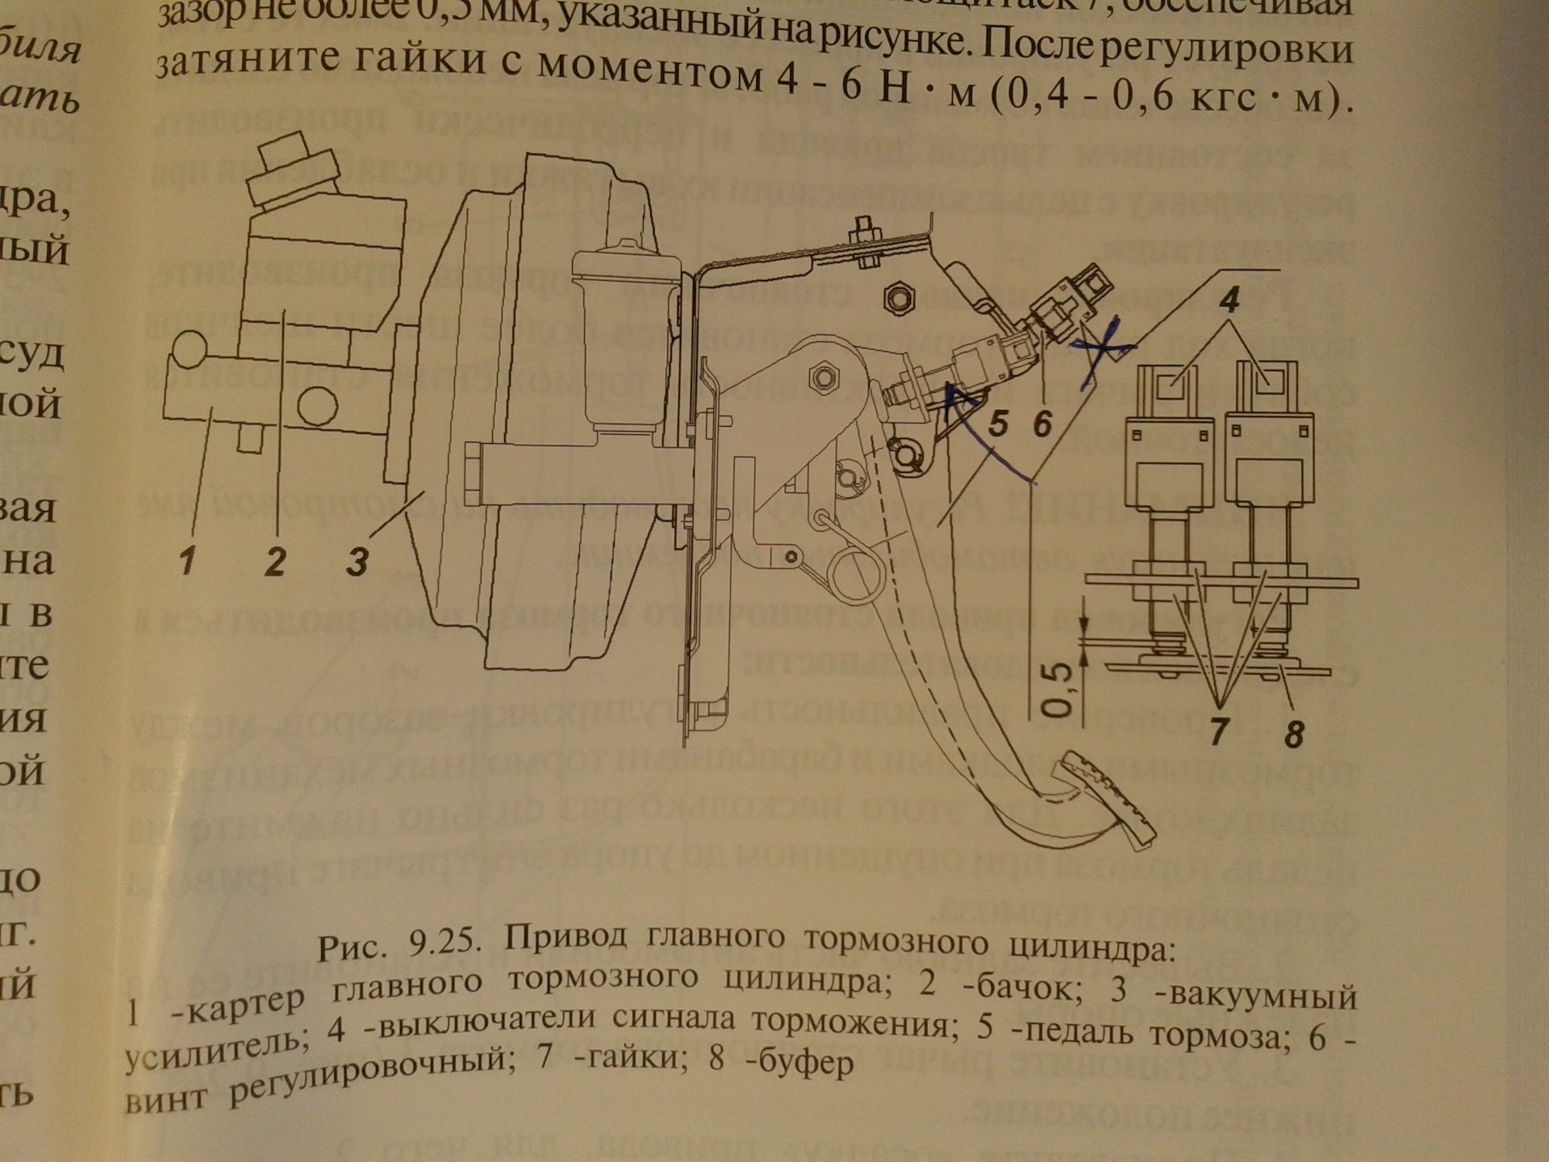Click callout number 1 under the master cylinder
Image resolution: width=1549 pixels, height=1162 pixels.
(x=187, y=560)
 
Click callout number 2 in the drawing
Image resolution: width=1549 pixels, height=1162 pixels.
(x=275, y=560)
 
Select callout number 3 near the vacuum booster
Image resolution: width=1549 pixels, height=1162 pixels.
(x=357, y=560)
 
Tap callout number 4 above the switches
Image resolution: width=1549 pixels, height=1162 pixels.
(x=1228, y=300)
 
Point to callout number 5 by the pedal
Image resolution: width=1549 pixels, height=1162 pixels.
(x=998, y=422)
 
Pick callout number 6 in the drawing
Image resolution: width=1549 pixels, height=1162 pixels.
(x=1042, y=422)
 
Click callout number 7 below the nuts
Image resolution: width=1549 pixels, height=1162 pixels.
(x=1219, y=731)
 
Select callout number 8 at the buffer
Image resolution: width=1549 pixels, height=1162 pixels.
(x=1293, y=734)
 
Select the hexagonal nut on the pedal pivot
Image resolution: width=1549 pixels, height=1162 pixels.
(x=825, y=376)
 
